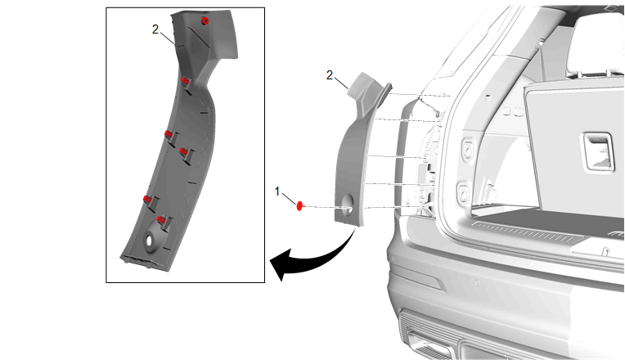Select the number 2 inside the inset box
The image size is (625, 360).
155,29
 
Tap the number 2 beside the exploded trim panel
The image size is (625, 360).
330,75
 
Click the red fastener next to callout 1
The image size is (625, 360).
300,205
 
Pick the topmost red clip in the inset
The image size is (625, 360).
205,20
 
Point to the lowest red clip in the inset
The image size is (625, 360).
161,219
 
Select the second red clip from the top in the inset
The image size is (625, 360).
187,80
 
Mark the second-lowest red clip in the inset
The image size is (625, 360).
147,199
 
